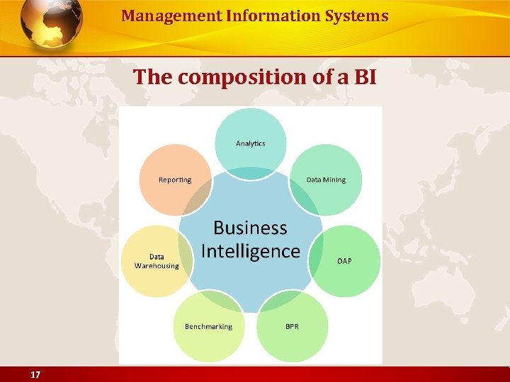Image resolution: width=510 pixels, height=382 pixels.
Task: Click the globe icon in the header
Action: coord(51,23)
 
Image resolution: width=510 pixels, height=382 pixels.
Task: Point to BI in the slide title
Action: coord(364,76)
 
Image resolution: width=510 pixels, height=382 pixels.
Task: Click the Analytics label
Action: coord(250,144)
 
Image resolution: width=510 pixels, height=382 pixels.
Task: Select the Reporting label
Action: coord(175,180)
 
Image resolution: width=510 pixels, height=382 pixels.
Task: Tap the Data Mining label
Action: coord(326,180)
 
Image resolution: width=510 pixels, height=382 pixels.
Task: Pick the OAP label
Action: coord(344,261)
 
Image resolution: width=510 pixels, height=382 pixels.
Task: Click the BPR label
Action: coord(292,326)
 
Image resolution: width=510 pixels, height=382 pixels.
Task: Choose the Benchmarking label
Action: coord(208,326)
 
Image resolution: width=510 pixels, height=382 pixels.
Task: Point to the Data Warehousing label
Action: coord(157,261)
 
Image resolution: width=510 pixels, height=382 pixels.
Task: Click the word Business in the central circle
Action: coord(250,228)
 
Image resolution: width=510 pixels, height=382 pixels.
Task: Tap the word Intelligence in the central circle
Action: coord(250,251)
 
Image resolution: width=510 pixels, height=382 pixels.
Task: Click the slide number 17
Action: coord(35,374)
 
